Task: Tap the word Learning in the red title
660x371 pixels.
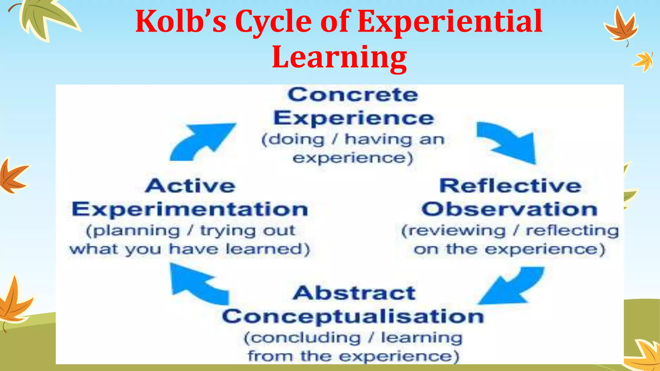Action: coord(339,57)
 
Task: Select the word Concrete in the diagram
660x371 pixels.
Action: coord(353,95)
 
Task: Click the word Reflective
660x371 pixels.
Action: coord(510,186)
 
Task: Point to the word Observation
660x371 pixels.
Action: coord(510,209)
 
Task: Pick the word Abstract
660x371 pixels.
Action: coord(354,293)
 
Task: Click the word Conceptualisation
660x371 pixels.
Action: coord(353,317)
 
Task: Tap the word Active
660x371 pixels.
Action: coord(190,186)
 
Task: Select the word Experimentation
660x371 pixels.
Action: coord(190,210)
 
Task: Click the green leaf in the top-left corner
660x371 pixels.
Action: coord(45,18)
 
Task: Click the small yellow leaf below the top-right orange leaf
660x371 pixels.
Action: coord(643,62)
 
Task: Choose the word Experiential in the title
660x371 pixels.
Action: coord(450,22)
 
